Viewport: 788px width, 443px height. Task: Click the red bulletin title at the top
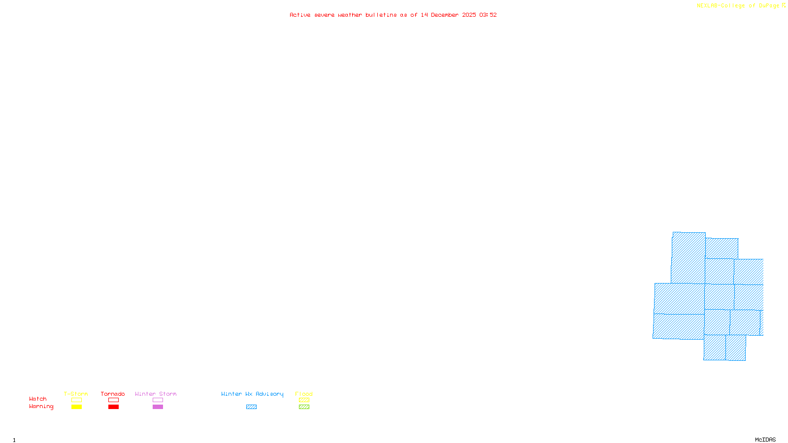click(393, 15)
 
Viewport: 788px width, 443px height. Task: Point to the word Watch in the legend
click(38, 399)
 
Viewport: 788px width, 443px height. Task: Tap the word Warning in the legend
click(41, 407)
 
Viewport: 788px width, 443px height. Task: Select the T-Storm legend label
click(76, 394)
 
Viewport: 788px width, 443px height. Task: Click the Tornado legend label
click(113, 394)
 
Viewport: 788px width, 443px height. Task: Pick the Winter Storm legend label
click(156, 394)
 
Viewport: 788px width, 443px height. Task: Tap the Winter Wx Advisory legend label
click(252, 394)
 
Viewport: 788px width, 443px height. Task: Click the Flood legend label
click(304, 394)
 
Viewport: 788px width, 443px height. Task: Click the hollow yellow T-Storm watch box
click(76, 400)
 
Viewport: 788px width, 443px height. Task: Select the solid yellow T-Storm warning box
click(76, 407)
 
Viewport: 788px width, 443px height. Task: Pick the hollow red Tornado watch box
click(113, 400)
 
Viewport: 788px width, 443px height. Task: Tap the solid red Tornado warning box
click(113, 407)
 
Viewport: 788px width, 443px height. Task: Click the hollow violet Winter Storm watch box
click(158, 400)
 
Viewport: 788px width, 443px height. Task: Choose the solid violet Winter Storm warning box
click(158, 407)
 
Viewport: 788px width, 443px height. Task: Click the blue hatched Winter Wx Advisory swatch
click(251, 407)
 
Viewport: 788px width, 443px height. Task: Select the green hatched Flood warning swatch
click(304, 407)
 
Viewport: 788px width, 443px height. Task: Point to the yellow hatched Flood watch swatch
click(304, 400)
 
